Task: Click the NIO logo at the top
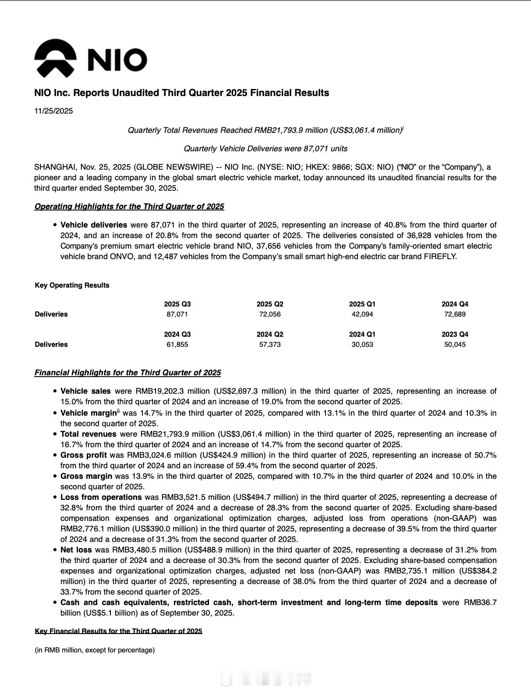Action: (x=90, y=59)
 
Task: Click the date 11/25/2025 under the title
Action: (x=53, y=111)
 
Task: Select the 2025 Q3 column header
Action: (x=177, y=304)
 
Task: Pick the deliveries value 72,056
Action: (x=270, y=314)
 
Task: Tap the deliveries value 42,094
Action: (x=362, y=314)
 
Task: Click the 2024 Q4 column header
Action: (x=455, y=304)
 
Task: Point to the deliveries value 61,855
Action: (x=177, y=345)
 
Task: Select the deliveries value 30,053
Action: (x=362, y=345)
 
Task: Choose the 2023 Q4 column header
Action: (x=455, y=334)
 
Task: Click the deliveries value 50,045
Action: (x=455, y=345)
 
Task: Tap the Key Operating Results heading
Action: (x=72, y=285)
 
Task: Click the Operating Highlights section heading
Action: (x=129, y=207)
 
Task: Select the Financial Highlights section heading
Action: (x=127, y=373)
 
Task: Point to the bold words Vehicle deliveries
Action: (x=94, y=225)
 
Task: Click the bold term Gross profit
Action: (x=83, y=455)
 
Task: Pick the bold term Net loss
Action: (x=76, y=550)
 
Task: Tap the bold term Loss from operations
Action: (x=101, y=497)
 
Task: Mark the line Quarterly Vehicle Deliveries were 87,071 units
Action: (x=265, y=149)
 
